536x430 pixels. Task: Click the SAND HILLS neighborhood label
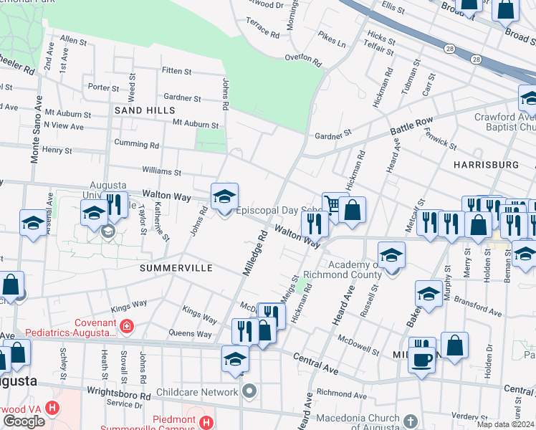click(144, 110)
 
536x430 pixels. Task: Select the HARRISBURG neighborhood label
click(486, 165)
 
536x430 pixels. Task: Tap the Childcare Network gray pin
click(249, 391)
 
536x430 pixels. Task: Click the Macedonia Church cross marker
click(410, 421)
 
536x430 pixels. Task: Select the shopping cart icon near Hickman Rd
click(334, 205)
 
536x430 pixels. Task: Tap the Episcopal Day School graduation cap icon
click(224, 196)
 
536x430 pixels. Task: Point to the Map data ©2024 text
click(505, 424)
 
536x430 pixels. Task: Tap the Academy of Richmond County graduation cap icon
click(391, 255)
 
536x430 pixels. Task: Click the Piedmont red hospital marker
click(206, 422)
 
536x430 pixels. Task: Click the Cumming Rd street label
click(136, 144)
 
